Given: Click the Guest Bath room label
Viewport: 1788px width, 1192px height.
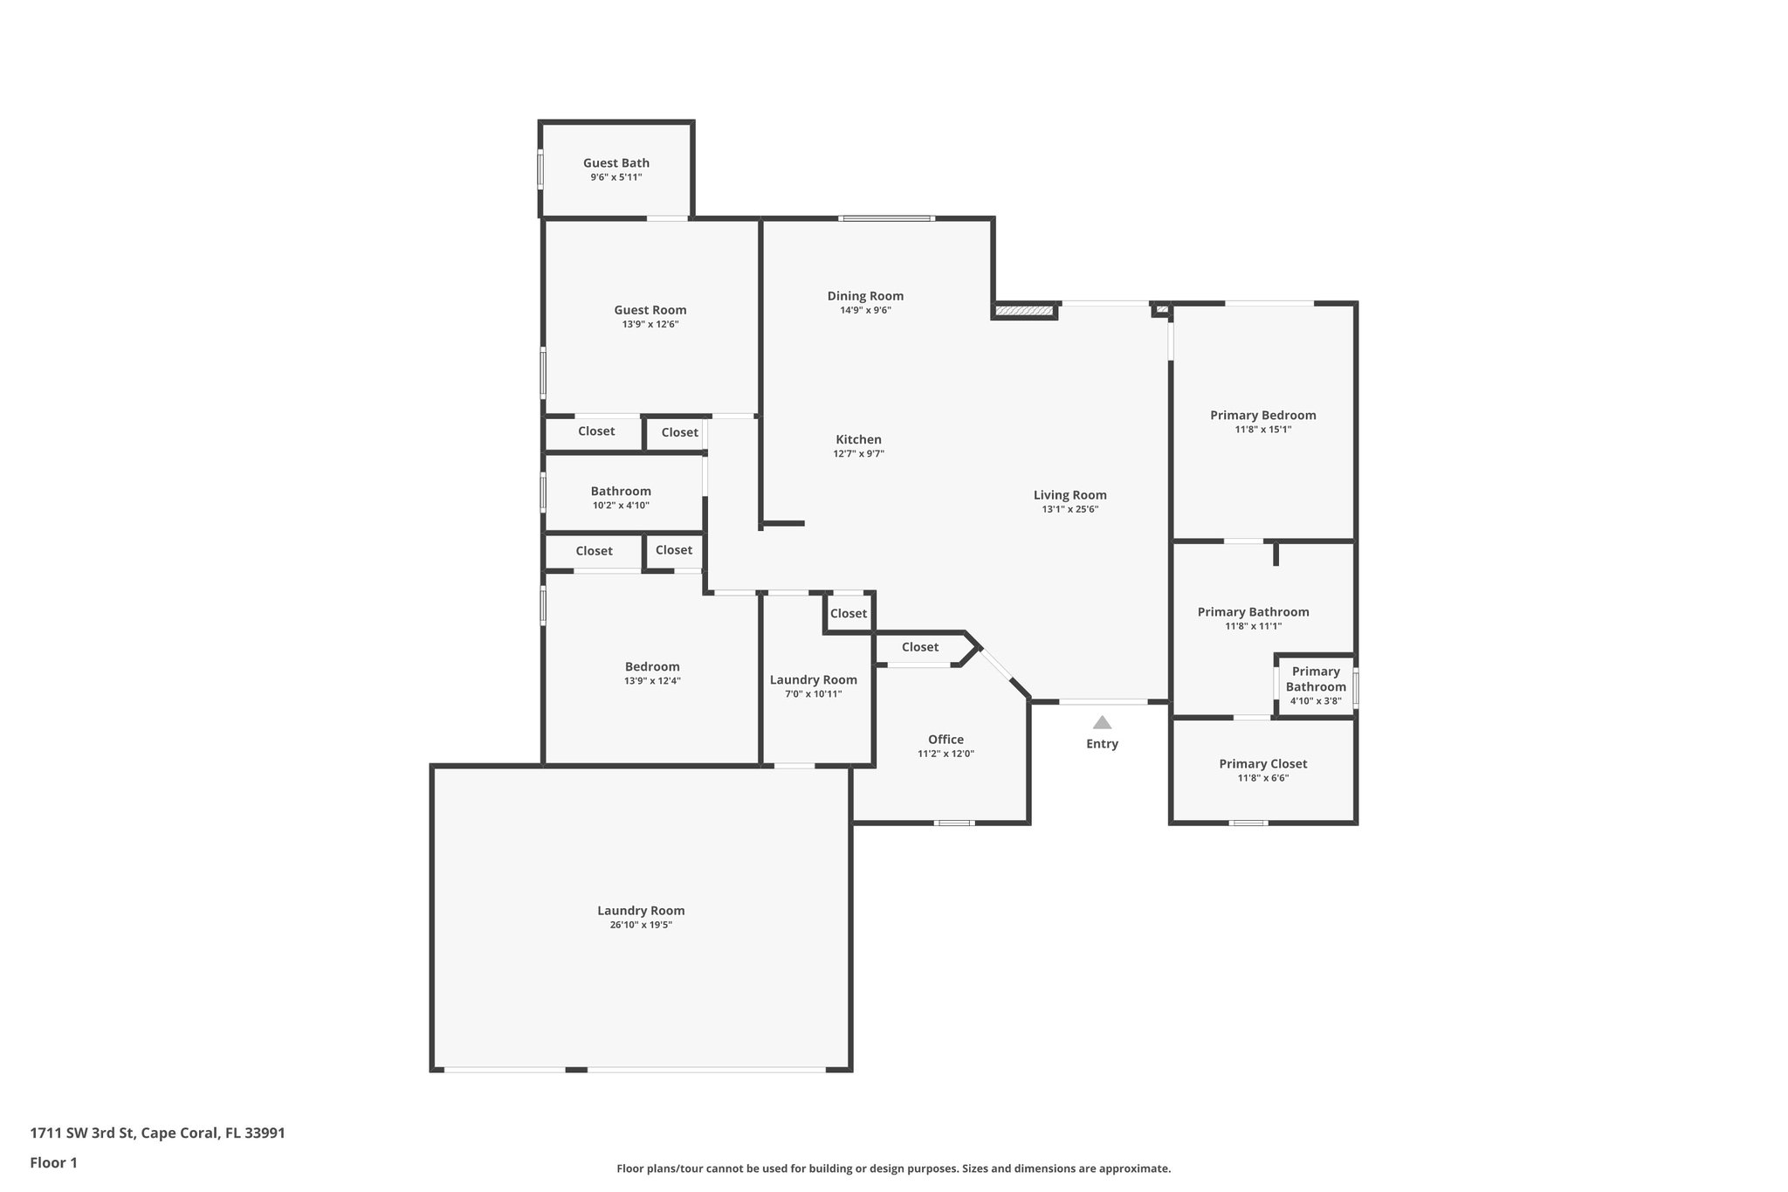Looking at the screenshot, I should point(615,163).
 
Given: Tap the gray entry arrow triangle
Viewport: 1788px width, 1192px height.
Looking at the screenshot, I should point(1102,722).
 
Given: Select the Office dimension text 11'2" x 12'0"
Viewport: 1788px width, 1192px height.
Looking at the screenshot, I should point(946,754).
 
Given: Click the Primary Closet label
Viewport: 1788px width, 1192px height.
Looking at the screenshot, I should point(1262,764).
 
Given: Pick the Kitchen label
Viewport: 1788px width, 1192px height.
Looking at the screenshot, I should point(858,439).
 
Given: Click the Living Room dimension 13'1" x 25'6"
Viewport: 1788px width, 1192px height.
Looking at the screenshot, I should point(1069,509).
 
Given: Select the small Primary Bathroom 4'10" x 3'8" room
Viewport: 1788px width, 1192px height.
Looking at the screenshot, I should point(1315,686).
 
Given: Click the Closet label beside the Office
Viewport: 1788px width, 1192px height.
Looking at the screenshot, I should point(919,647).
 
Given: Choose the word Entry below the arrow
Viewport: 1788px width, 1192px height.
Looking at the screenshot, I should point(1102,744).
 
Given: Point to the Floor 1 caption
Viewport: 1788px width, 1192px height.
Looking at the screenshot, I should point(53,1162).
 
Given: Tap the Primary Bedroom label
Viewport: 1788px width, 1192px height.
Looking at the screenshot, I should point(1262,415).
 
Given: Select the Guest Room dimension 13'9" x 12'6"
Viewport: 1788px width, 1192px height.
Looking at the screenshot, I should point(650,324).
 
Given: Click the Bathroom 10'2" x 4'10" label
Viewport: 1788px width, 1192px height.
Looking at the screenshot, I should point(621,492).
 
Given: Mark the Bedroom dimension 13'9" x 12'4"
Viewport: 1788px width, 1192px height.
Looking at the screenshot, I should point(651,680).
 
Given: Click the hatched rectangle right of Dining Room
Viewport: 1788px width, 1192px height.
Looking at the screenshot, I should point(1025,310).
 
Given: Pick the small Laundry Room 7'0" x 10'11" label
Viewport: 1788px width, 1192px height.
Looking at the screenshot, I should point(813,679).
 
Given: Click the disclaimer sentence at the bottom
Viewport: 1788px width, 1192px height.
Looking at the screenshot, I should point(893,1168).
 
